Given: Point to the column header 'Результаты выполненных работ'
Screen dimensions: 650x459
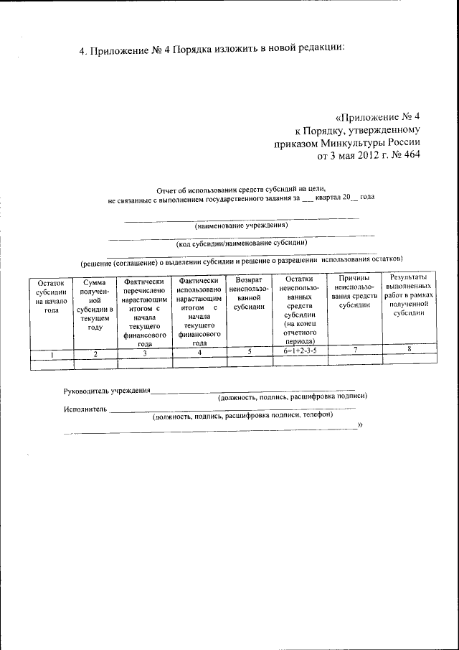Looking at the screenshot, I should pos(409,297).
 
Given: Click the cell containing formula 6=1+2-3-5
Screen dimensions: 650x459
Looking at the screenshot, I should pos(299,351).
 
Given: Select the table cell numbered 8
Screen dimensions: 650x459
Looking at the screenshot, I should pos(409,349).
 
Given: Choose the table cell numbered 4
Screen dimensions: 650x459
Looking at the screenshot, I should pos(199,353).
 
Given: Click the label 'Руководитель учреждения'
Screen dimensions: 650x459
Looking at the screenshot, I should pos(107,391).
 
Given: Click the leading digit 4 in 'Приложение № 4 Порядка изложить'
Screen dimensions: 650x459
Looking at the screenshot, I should pos(81,50).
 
